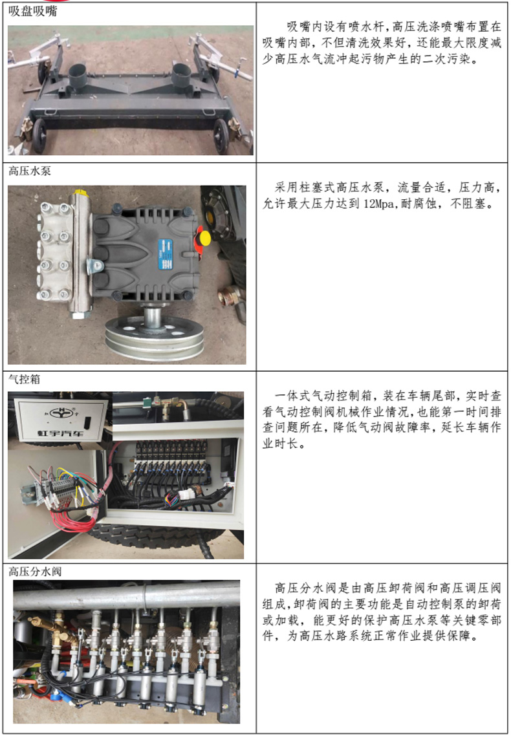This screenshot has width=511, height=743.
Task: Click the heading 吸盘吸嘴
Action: coord(33,11)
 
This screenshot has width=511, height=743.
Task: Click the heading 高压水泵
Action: coord(30,171)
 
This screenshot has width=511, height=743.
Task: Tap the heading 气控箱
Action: coord(24,379)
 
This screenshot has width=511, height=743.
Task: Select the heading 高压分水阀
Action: coord(35,572)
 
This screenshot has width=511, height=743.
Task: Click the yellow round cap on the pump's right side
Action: coord(204,237)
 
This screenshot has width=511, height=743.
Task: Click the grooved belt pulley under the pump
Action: coord(154,337)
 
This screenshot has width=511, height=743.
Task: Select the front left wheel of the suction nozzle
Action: coord(39,135)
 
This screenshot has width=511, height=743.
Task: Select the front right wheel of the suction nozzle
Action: coord(221,136)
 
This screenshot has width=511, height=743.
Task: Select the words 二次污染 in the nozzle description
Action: coord(446,59)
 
